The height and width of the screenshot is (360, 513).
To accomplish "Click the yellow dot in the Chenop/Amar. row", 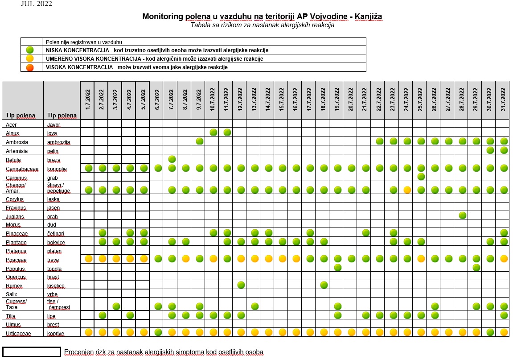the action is point(407,190).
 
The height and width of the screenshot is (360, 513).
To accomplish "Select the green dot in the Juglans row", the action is point(462,215).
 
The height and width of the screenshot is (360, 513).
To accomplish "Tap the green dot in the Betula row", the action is point(172,159).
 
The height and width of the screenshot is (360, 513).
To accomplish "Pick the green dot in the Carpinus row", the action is point(421,177).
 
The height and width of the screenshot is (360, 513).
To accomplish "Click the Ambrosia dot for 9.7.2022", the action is point(200,141).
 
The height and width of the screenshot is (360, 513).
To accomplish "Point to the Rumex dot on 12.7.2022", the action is point(241,285).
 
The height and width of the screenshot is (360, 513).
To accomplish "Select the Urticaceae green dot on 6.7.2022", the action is point(158,332).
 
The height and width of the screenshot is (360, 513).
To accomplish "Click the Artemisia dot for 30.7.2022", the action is point(490,150).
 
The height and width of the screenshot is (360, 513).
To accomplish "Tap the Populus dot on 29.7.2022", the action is point(476,267).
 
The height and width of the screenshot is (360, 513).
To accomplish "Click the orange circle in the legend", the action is point(30,67).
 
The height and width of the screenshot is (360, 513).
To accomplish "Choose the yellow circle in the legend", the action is point(30,58).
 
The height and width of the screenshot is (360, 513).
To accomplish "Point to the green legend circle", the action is point(30,50).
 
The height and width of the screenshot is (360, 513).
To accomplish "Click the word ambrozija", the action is point(58,142).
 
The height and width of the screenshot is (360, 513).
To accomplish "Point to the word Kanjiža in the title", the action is point(369,17).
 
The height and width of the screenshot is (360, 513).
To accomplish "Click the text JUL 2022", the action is point(36,4).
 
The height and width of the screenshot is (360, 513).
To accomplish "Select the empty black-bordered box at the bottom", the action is point(31,352).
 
